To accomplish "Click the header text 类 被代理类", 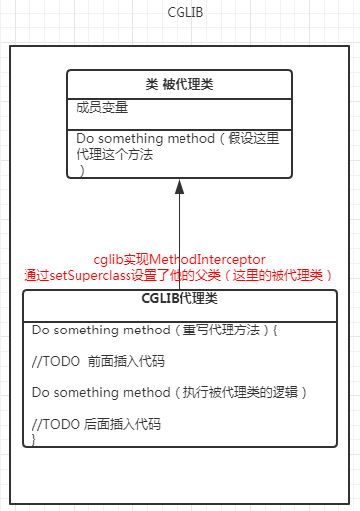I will click(x=180, y=84).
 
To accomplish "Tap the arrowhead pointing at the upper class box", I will click(x=180, y=185).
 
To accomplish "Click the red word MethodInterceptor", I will click(x=212, y=258).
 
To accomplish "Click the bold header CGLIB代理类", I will click(x=180, y=299).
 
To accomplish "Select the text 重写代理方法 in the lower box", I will click(x=219, y=331).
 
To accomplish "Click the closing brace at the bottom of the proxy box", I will click(x=34, y=439).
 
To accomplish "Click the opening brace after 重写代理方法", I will click(x=276, y=331).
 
